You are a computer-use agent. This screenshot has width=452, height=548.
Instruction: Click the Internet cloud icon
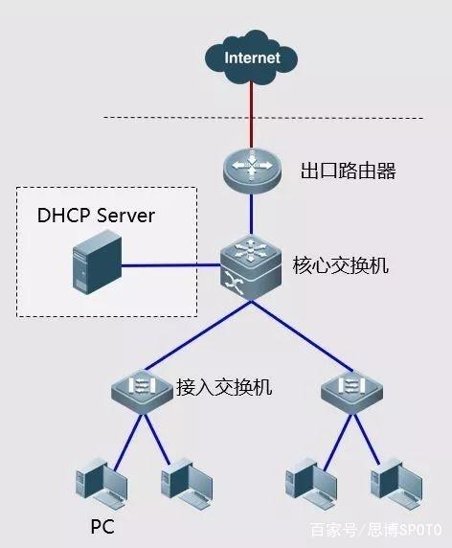pyautogui.click(x=251, y=58)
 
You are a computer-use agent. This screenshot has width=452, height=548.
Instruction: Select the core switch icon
pyautogui.click(x=251, y=267)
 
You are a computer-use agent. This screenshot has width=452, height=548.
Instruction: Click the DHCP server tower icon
pyautogui.click(x=97, y=263)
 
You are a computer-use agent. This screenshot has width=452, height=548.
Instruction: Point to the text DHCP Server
pyautogui.click(x=96, y=216)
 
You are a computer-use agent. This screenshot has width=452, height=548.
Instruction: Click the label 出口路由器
pyautogui.click(x=349, y=171)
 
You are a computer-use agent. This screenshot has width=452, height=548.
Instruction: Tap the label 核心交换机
pyautogui.click(x=340, y=265)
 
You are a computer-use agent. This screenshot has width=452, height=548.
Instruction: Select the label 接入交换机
pyautogui.click(x=224, y=387)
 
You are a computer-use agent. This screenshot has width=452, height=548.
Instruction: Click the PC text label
pyautogui.click(x=102, y=526)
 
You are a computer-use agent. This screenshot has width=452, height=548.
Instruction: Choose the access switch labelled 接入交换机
pyautogui.click(x=142, y=391)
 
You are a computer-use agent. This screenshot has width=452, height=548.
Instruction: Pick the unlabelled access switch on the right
pyautogui.click(x=351, y=391)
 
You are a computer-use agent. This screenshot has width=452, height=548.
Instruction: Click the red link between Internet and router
pyautogui.click(x=251, y=115)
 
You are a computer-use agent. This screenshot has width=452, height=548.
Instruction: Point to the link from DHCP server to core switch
pyautogui.click(x=170, y=265)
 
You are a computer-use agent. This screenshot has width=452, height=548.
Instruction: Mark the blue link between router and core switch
pyautogui.click(x=251, y=215)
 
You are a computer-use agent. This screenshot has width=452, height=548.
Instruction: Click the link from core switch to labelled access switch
pyautogui.click(x=198, y=334)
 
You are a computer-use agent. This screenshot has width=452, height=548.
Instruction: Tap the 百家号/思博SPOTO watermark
pyautogui.click(x=375, y=530)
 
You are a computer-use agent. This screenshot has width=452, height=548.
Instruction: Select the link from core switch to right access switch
pyautogui.click(x=303, y=334)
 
